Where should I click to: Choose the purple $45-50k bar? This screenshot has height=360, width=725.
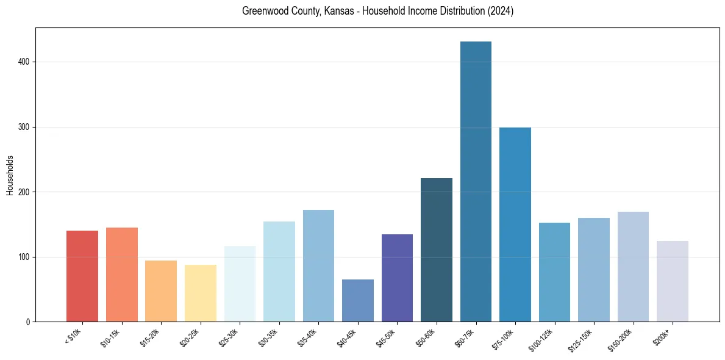click(x=397, y=278)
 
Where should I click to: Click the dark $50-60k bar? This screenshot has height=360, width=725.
click(x=437, y=250)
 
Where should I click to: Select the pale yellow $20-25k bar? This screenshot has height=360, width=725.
click(x=201, y=293)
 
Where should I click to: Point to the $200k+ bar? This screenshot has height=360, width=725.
click(x=673, y=281)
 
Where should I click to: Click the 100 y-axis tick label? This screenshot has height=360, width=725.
click(x=25, y=257)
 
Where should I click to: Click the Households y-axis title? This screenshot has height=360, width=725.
click(x=10, y=175)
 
